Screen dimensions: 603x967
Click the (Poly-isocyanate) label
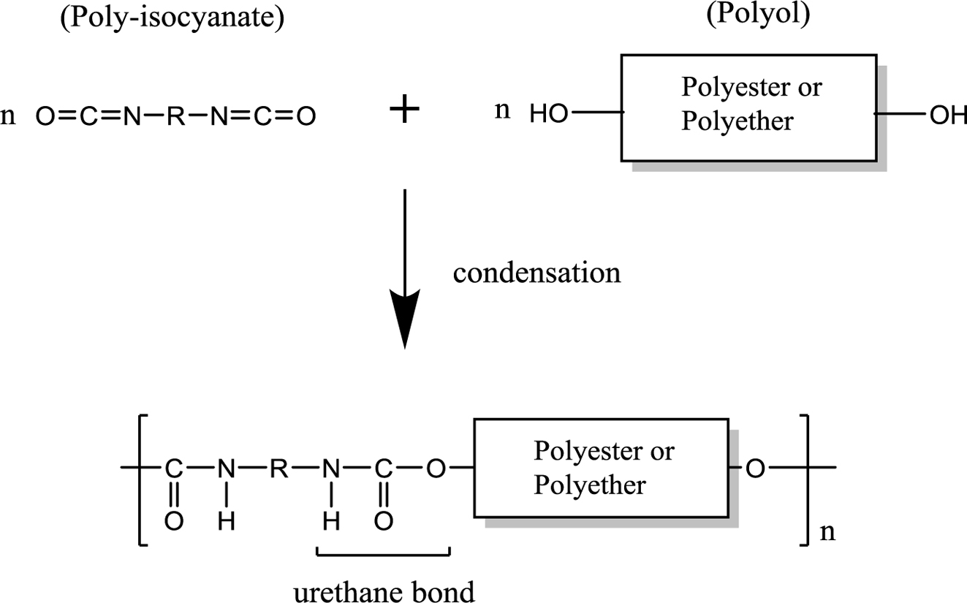coord(172,18)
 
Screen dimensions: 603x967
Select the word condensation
coord(536,273)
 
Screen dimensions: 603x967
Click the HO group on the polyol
coord(549,114)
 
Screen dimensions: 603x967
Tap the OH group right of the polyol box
coord(948,115)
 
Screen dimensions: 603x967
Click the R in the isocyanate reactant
coord(175,115)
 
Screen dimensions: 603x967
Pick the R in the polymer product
coord(278,469)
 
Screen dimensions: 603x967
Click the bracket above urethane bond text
coord(383,553)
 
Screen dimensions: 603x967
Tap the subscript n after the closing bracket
coord(827,532)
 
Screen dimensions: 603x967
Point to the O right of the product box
coord(756,469)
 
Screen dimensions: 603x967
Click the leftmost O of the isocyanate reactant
coord(45,115)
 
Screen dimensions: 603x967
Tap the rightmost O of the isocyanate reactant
coord(306,115)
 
